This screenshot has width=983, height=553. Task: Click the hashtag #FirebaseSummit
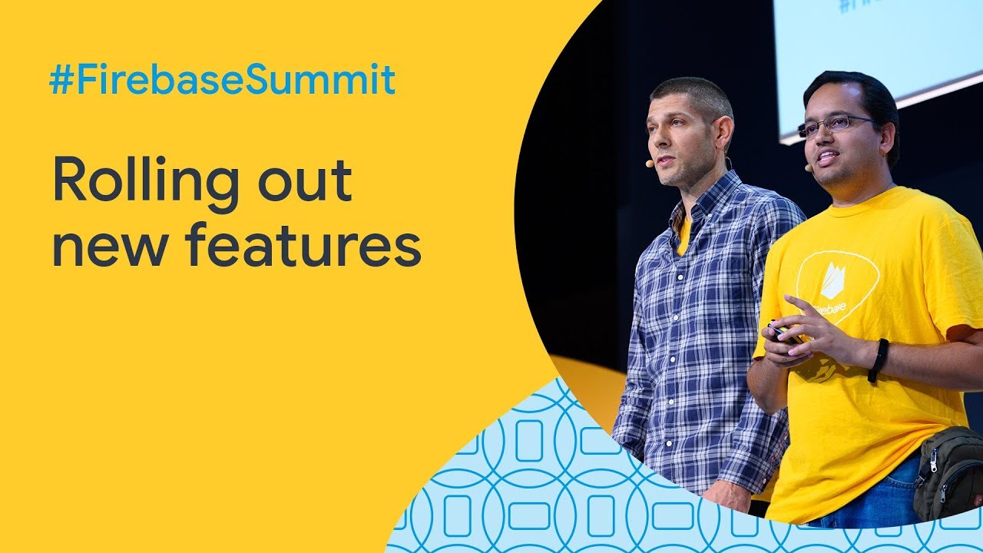[x=223, y=79]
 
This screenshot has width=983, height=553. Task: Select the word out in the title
[x=305, y=180]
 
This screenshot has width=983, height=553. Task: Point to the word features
[x=303, y=244]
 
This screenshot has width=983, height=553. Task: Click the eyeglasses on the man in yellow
[x=834, y=124]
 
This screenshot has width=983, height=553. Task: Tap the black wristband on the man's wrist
[x=878, y=360]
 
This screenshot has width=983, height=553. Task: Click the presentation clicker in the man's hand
[x=785, y=333]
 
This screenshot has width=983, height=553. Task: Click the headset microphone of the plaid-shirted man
[x=650, y=164]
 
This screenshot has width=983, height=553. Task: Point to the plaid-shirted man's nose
[x=655, y=140]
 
